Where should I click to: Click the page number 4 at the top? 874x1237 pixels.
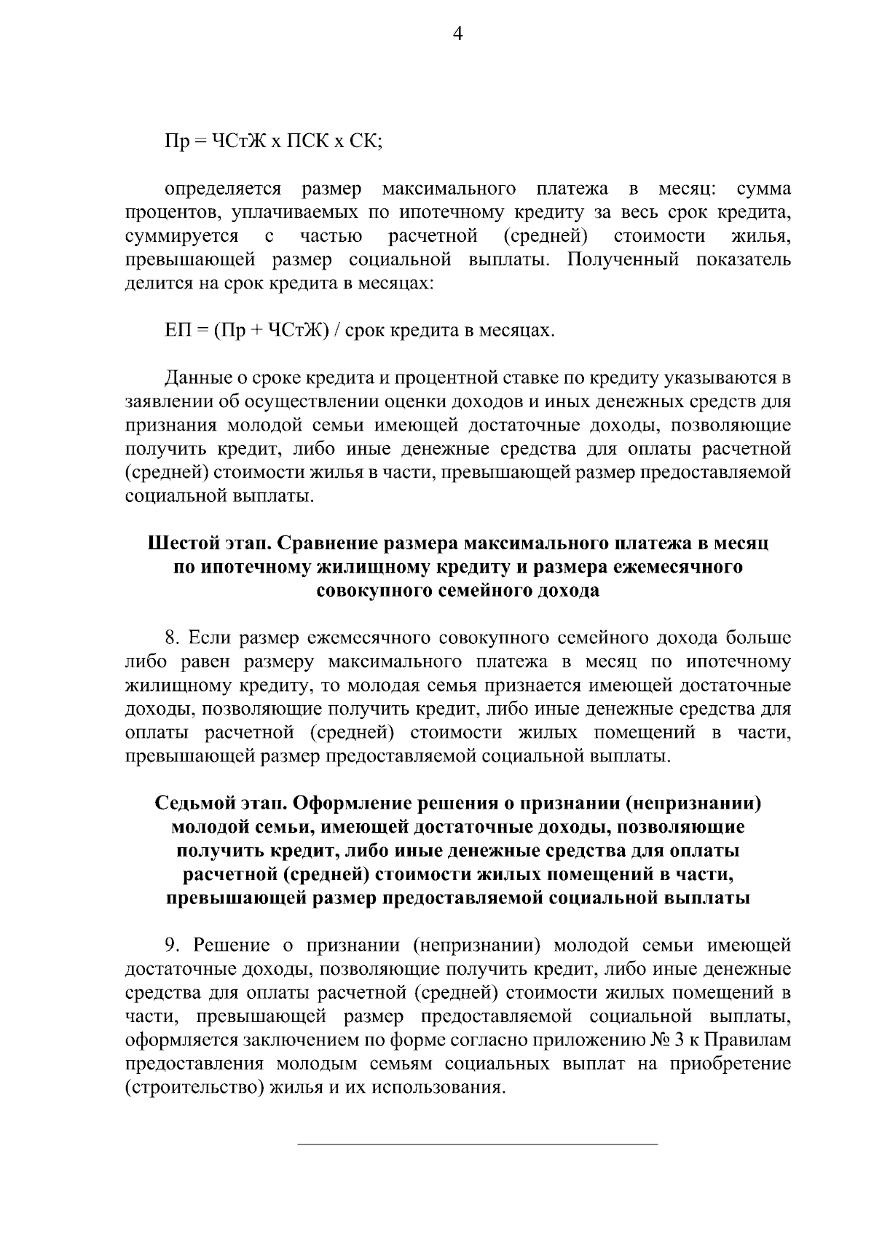tap(458, 34)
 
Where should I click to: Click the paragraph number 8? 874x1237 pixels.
tap(173, 638)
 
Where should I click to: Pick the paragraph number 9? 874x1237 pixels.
tap(172, 946)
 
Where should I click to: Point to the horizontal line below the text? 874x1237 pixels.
tap(478, 1144)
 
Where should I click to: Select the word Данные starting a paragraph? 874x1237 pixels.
tap(195, 378)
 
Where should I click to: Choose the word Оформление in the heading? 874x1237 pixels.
tap(338, 804)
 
